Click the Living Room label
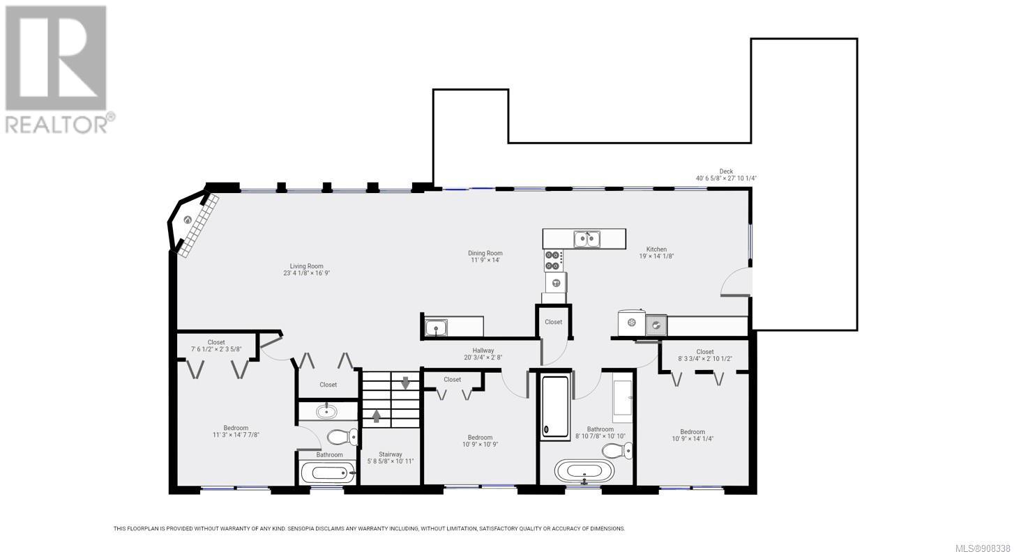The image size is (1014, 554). tap(306, 266)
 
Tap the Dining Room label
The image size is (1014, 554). tap(485, 253)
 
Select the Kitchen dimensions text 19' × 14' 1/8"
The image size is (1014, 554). tap(656, 256)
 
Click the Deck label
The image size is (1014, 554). tap(726, 171)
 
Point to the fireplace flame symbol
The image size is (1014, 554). tap(188, 220)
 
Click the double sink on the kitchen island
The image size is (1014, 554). tap(587, 239)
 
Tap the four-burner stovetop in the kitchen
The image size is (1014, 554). tap(554, 261)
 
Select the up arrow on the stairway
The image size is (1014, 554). tap(376, 415)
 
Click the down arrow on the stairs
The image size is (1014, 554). tap(406, 383)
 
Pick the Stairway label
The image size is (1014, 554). tap(391, 454)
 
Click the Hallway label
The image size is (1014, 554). tap(483, 351)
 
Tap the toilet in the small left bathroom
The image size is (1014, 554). tap(342, 437)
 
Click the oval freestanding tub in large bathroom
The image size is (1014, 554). tap(584, 471)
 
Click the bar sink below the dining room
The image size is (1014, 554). tap(436, 328)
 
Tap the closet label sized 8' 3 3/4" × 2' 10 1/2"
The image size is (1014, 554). tap(705, 352)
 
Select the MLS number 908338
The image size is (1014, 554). tap(983, 548)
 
